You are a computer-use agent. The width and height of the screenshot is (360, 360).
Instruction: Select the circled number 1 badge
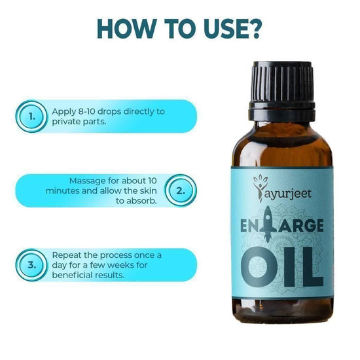point(31,117)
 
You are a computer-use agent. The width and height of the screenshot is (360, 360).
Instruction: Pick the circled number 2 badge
point(181,190)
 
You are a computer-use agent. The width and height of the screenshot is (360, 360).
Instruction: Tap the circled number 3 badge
point(31,265)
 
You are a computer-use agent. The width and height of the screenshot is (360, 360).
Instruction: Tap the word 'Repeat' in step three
point(66,255)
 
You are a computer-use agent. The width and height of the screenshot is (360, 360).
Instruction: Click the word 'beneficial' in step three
point(73,275)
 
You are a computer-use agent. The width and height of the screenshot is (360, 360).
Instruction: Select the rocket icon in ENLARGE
point(267,225)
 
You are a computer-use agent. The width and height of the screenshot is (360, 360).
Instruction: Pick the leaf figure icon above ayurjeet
point(259,188)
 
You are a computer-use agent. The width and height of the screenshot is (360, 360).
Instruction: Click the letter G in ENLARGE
point(304,226)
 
